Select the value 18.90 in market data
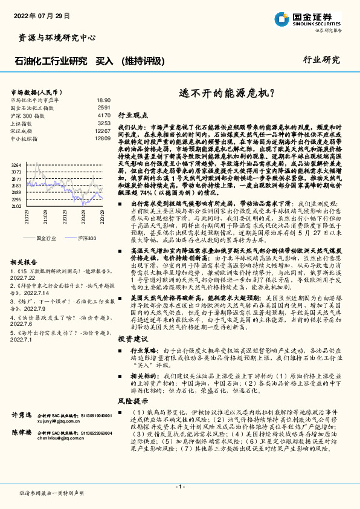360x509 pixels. (103, 100)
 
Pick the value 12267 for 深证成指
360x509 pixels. (103, 131)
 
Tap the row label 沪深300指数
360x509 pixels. (28, 115)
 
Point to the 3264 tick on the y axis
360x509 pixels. (16, 164)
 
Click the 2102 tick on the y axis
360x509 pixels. (16, 206)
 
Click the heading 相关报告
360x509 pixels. (25, 262)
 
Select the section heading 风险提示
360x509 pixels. (132, 401)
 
